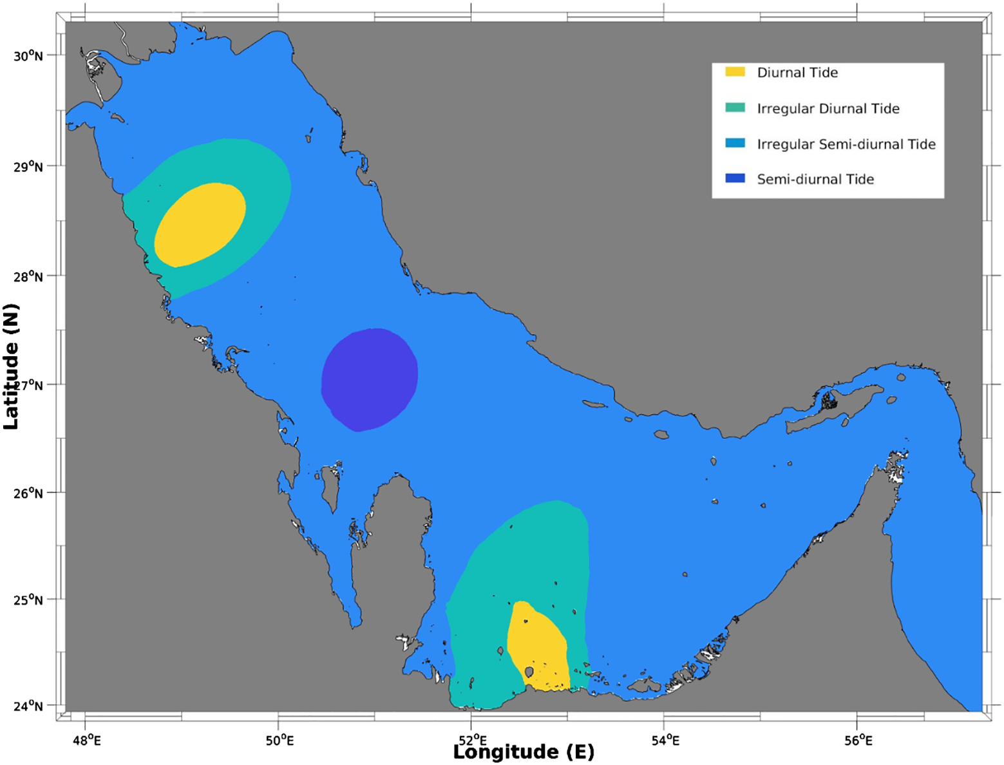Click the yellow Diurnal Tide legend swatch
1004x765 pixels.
click(735, 71)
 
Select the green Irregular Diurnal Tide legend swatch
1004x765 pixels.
click(735, 108)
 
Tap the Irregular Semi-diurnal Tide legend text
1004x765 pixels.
click(846, 144)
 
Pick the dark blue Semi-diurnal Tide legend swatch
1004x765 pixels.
click(735, 178)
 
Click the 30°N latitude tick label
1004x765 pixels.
click(28, 56)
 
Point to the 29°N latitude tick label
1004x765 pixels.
click(28, 167)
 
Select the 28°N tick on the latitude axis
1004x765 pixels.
click(28, 277)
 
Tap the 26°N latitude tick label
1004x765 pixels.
click(28, 493)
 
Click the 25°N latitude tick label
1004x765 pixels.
click(28, 600)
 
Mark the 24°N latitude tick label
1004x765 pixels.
click(28, 706)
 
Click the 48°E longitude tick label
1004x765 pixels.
click(86, 741)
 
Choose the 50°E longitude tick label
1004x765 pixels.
click(279, 741)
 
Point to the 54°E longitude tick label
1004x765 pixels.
click(665, 741)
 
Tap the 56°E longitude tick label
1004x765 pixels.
click(858, 741)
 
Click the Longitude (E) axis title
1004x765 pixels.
click(524, 752)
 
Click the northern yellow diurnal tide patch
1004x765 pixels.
click(200, 225)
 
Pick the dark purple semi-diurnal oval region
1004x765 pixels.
click(370, 379)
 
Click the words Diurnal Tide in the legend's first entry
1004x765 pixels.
click(797, 73)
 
